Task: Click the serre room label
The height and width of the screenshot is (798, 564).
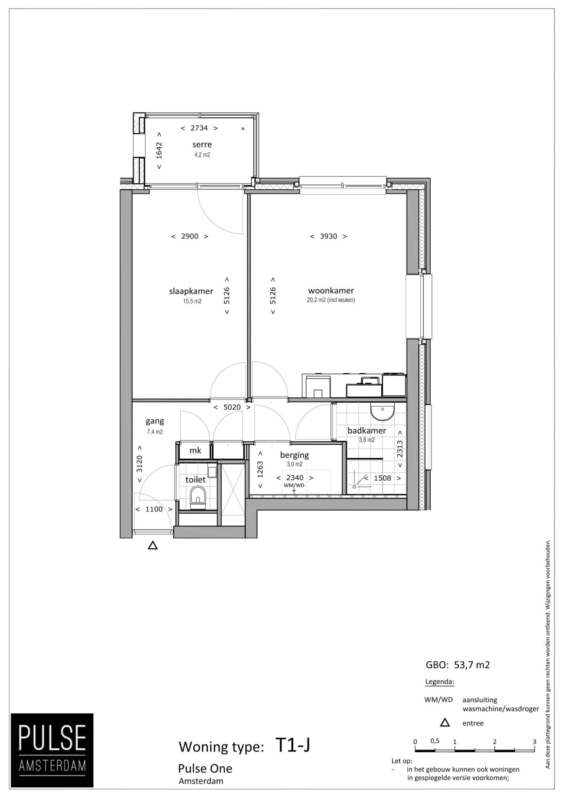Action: (202, 144)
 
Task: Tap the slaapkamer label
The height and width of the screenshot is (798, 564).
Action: (191, 291)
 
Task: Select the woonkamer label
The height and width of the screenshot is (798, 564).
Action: (331, 290)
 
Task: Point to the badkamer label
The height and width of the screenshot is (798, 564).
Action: (367, 430)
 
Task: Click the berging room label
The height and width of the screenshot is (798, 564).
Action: (294, 455)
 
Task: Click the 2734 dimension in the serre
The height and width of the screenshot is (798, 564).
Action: (199, 128)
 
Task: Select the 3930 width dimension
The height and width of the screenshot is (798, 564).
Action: (328, 236)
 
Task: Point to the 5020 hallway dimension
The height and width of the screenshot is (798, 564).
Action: (232, 407)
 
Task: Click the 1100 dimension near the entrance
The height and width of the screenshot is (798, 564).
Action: (154, 509)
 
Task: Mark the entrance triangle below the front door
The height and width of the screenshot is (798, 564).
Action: (153, 545)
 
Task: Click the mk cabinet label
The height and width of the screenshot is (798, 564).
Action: (195, 450)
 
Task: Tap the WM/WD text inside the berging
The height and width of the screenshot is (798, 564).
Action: (294, 485)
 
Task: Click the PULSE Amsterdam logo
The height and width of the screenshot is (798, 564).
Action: (52, 750)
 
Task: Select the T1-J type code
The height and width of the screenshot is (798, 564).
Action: (293, 745)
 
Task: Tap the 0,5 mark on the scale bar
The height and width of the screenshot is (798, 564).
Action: (435, 741)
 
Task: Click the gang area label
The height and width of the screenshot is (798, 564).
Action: (155, 421)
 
